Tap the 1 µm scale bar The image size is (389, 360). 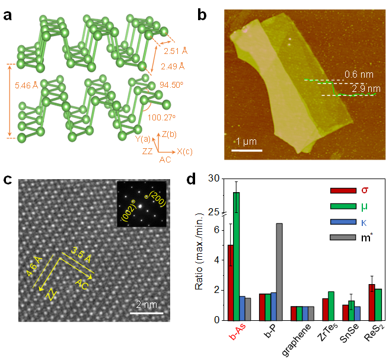(246, 150)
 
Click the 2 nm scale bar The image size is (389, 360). (146, 313)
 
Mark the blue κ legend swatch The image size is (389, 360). (340, 221)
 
